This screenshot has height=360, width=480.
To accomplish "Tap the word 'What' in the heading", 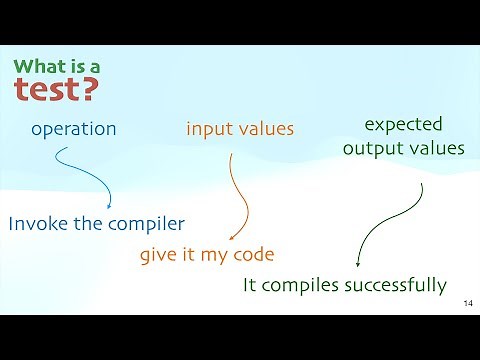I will pos(39,67).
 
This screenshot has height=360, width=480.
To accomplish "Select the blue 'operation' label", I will pos(74,129).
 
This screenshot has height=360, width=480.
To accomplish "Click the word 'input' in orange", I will pos(210,129).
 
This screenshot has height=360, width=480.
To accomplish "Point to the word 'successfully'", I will pos(394,285).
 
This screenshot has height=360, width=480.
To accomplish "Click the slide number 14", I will pos(469,303).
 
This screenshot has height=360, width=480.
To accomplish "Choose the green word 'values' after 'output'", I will pos(437,148).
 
